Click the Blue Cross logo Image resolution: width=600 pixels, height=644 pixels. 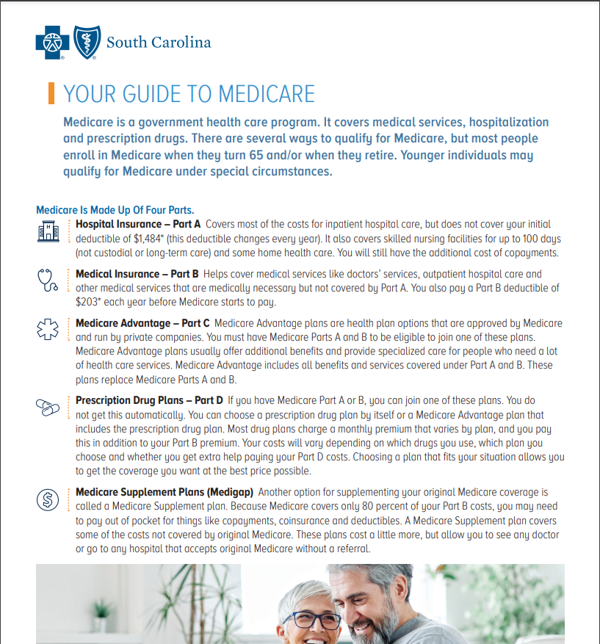(x=52, y=42)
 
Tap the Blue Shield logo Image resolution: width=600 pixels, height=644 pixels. (x=85, y=42)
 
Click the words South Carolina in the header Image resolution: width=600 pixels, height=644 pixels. (x=158, y=42)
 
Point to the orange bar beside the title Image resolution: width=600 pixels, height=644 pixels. (x=51, y=93)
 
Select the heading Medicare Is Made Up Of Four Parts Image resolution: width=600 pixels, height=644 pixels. (x=115, y=210)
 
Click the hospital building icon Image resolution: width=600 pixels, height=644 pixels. (x=48, y=232)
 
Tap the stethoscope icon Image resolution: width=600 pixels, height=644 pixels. (x=47, y=280)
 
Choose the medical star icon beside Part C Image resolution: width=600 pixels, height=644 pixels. (x=48, y=329)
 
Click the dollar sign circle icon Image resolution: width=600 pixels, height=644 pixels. (x=47, y=499)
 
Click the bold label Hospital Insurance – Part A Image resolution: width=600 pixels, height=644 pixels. (x=139, y=224)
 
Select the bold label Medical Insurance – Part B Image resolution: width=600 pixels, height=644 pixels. (x=137, y=274)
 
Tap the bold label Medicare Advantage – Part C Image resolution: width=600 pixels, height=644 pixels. (x=142, y=323)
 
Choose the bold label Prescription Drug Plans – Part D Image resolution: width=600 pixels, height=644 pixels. (x=149, y=401)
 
